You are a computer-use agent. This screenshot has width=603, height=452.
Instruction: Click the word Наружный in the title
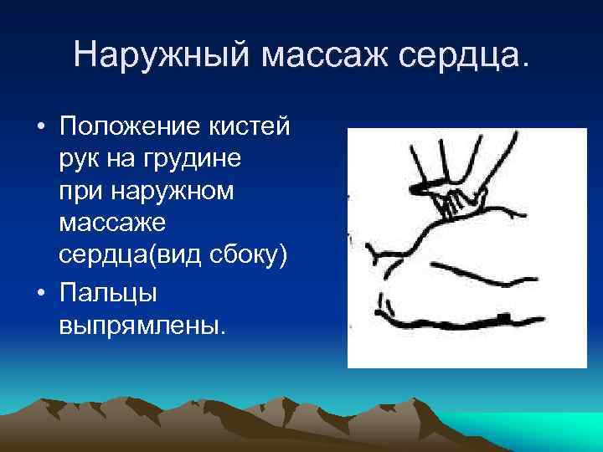[x=162, y=55]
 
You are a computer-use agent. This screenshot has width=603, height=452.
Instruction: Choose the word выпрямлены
[x=142, y=326]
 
